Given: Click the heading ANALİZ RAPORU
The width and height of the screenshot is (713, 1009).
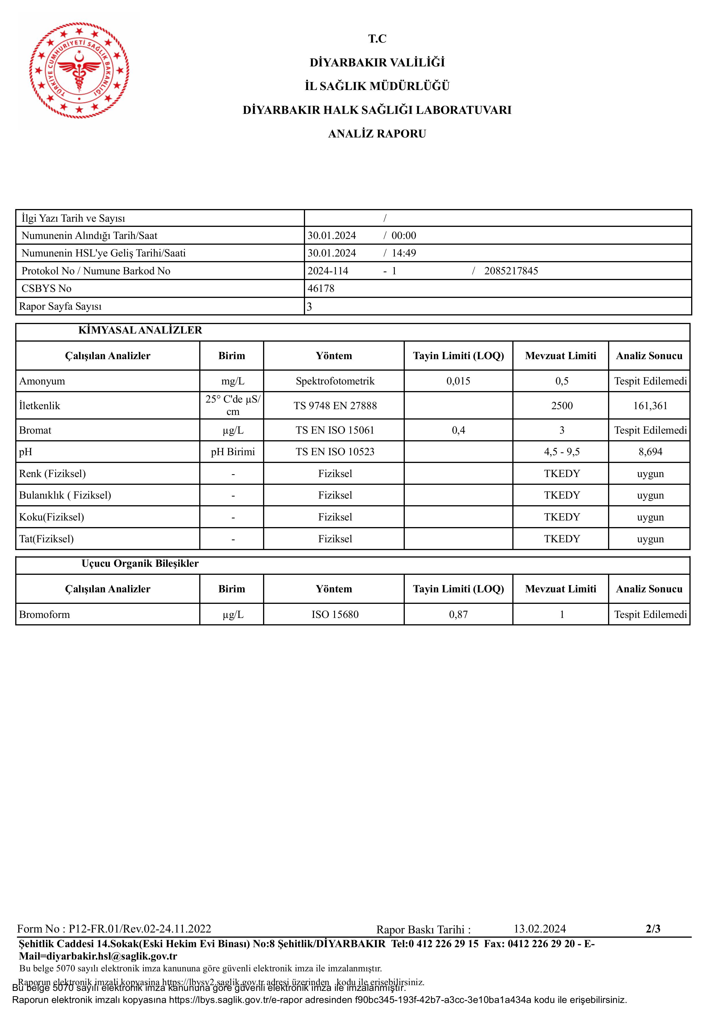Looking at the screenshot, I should [377, 134].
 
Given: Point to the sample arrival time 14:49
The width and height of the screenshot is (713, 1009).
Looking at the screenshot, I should [404, 253].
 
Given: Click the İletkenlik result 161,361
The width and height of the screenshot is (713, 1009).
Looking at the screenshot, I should [650, 406].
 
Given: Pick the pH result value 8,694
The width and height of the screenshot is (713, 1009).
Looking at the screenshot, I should [650, 452].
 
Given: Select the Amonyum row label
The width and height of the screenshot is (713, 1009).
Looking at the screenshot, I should [42, 381].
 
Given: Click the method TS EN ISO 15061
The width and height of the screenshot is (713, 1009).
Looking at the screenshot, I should [335, 430].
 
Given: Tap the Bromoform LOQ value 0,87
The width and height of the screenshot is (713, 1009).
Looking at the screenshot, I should [458, 614].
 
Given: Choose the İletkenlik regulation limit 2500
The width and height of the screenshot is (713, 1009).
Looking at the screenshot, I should [562, 406].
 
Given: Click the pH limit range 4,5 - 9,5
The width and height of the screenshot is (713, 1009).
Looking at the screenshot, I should [562, 452].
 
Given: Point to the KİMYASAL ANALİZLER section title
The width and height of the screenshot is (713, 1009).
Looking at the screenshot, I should [140, 330].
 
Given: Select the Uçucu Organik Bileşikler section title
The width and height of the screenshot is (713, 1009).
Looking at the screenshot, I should [140, 563].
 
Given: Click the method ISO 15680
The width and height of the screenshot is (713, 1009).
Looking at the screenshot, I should [335, 614].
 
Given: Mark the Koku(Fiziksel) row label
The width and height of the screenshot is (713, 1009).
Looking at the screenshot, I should [51, 517].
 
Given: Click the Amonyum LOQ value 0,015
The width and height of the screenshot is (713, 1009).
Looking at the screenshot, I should [458, 381].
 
